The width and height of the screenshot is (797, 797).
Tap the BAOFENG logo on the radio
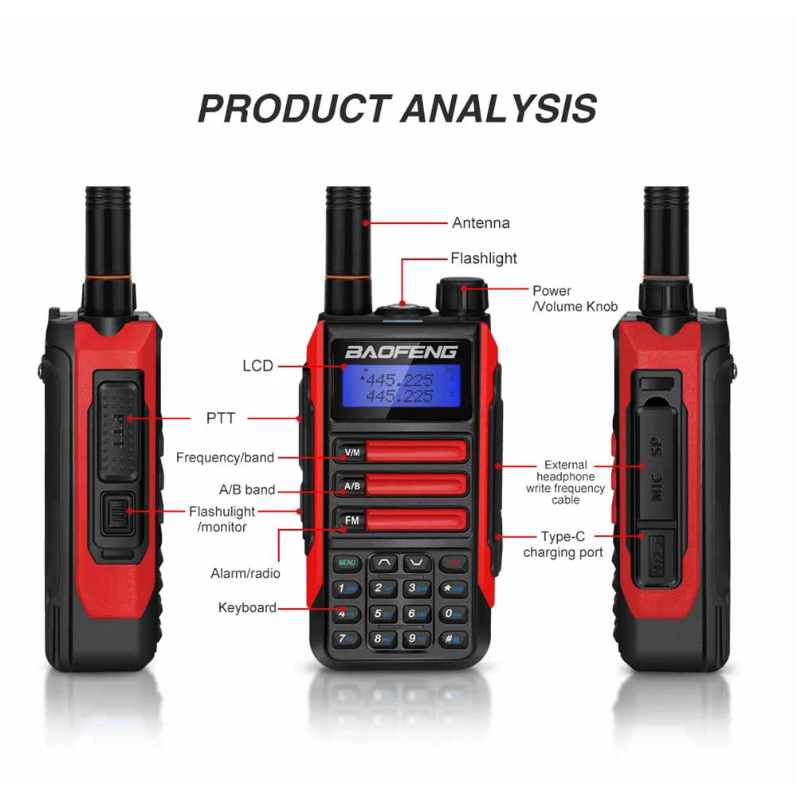click(x=401, y=351)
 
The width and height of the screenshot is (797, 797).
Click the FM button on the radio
click(x=351, y=520)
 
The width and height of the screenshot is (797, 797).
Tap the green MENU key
click(x=347, y=563)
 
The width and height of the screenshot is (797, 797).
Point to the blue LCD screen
click(x=398, y=387)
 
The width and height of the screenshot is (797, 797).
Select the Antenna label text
click(x=481, y=223)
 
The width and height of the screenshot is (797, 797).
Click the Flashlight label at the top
click(x=483, y=258)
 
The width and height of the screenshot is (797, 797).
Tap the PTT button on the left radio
click(x=118, y=430)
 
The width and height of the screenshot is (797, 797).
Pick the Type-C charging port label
click(x=563, y=545)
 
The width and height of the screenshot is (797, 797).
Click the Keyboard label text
click(x=247, y=608)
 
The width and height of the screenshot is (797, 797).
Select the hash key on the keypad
click(x=452, y=638)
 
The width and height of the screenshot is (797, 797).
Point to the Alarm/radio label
click(x=245, y=573)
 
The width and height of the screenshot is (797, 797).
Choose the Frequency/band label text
click(x=225, y=457)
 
